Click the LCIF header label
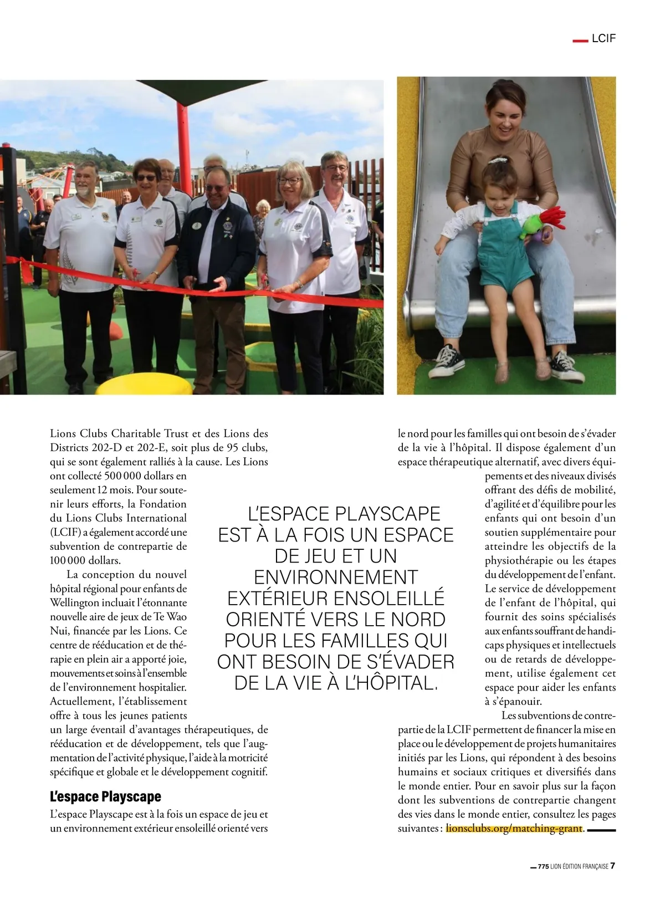(603, 39)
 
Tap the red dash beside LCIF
(579, 40)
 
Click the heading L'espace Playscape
(105, 796)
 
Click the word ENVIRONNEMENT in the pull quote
(336, 577)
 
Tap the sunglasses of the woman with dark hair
(146, 178)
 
